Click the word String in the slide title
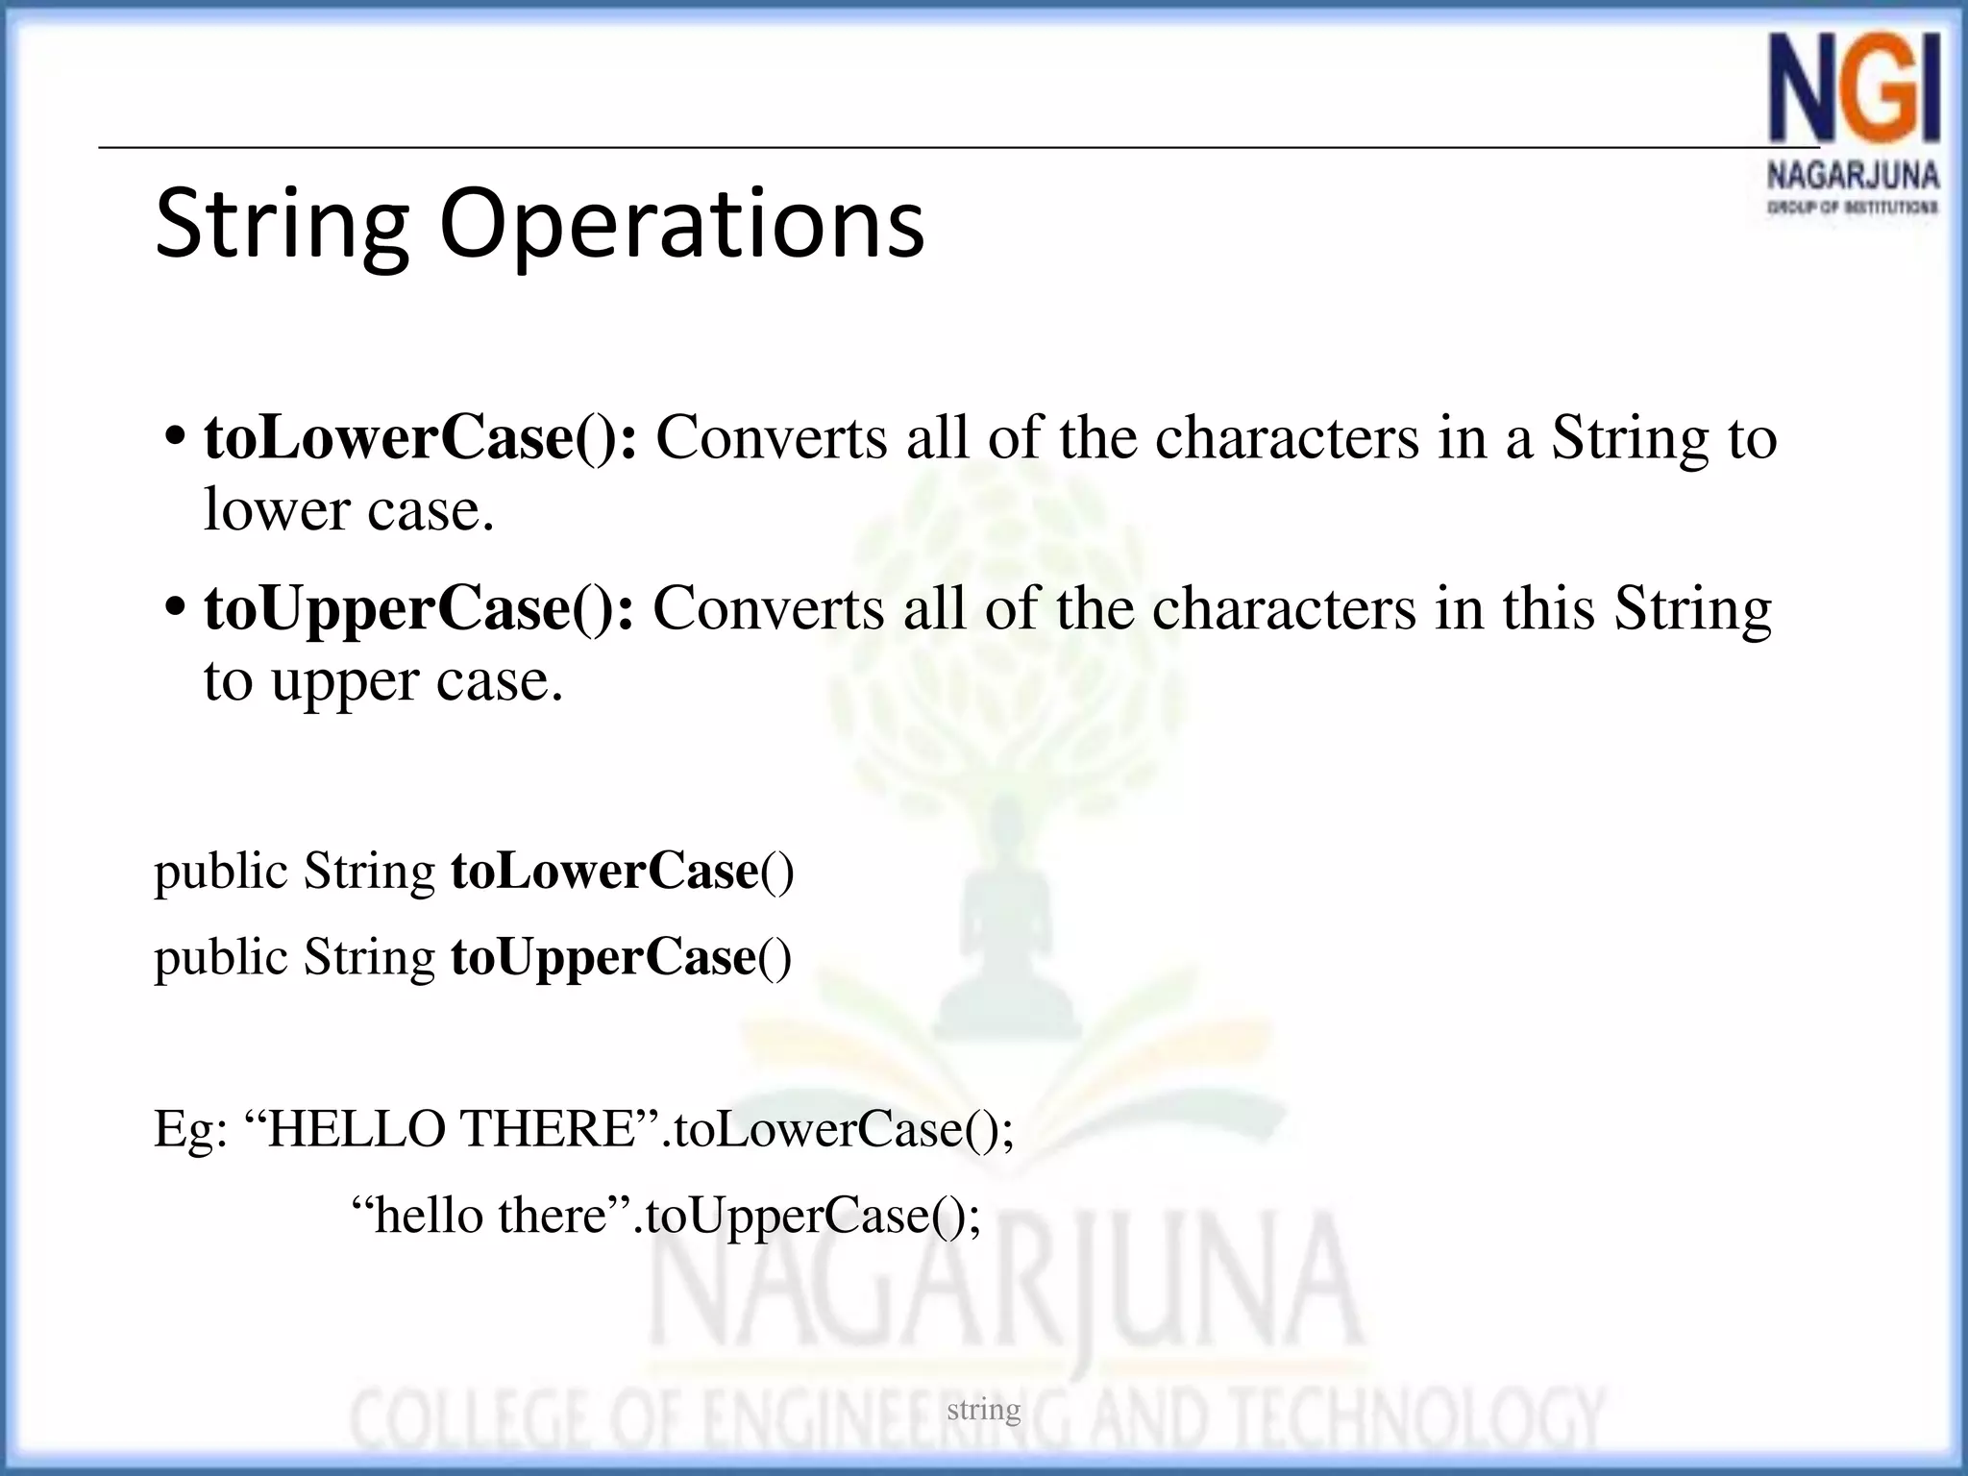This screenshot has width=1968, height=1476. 282,225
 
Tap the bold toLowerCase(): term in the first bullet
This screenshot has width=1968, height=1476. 420,438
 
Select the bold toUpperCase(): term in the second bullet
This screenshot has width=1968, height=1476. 419,609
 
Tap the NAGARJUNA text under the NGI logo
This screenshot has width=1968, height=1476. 1853,177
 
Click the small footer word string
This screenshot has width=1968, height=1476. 983,1410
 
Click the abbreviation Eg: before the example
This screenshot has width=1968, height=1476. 190,1129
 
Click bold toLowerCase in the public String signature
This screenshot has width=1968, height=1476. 604,872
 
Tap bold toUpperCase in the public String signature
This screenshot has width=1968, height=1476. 603,958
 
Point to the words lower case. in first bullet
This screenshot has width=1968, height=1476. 349,509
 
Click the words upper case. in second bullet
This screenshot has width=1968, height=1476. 416,681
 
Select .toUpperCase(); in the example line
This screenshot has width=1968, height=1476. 807,1216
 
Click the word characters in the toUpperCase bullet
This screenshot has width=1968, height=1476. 1284,609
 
